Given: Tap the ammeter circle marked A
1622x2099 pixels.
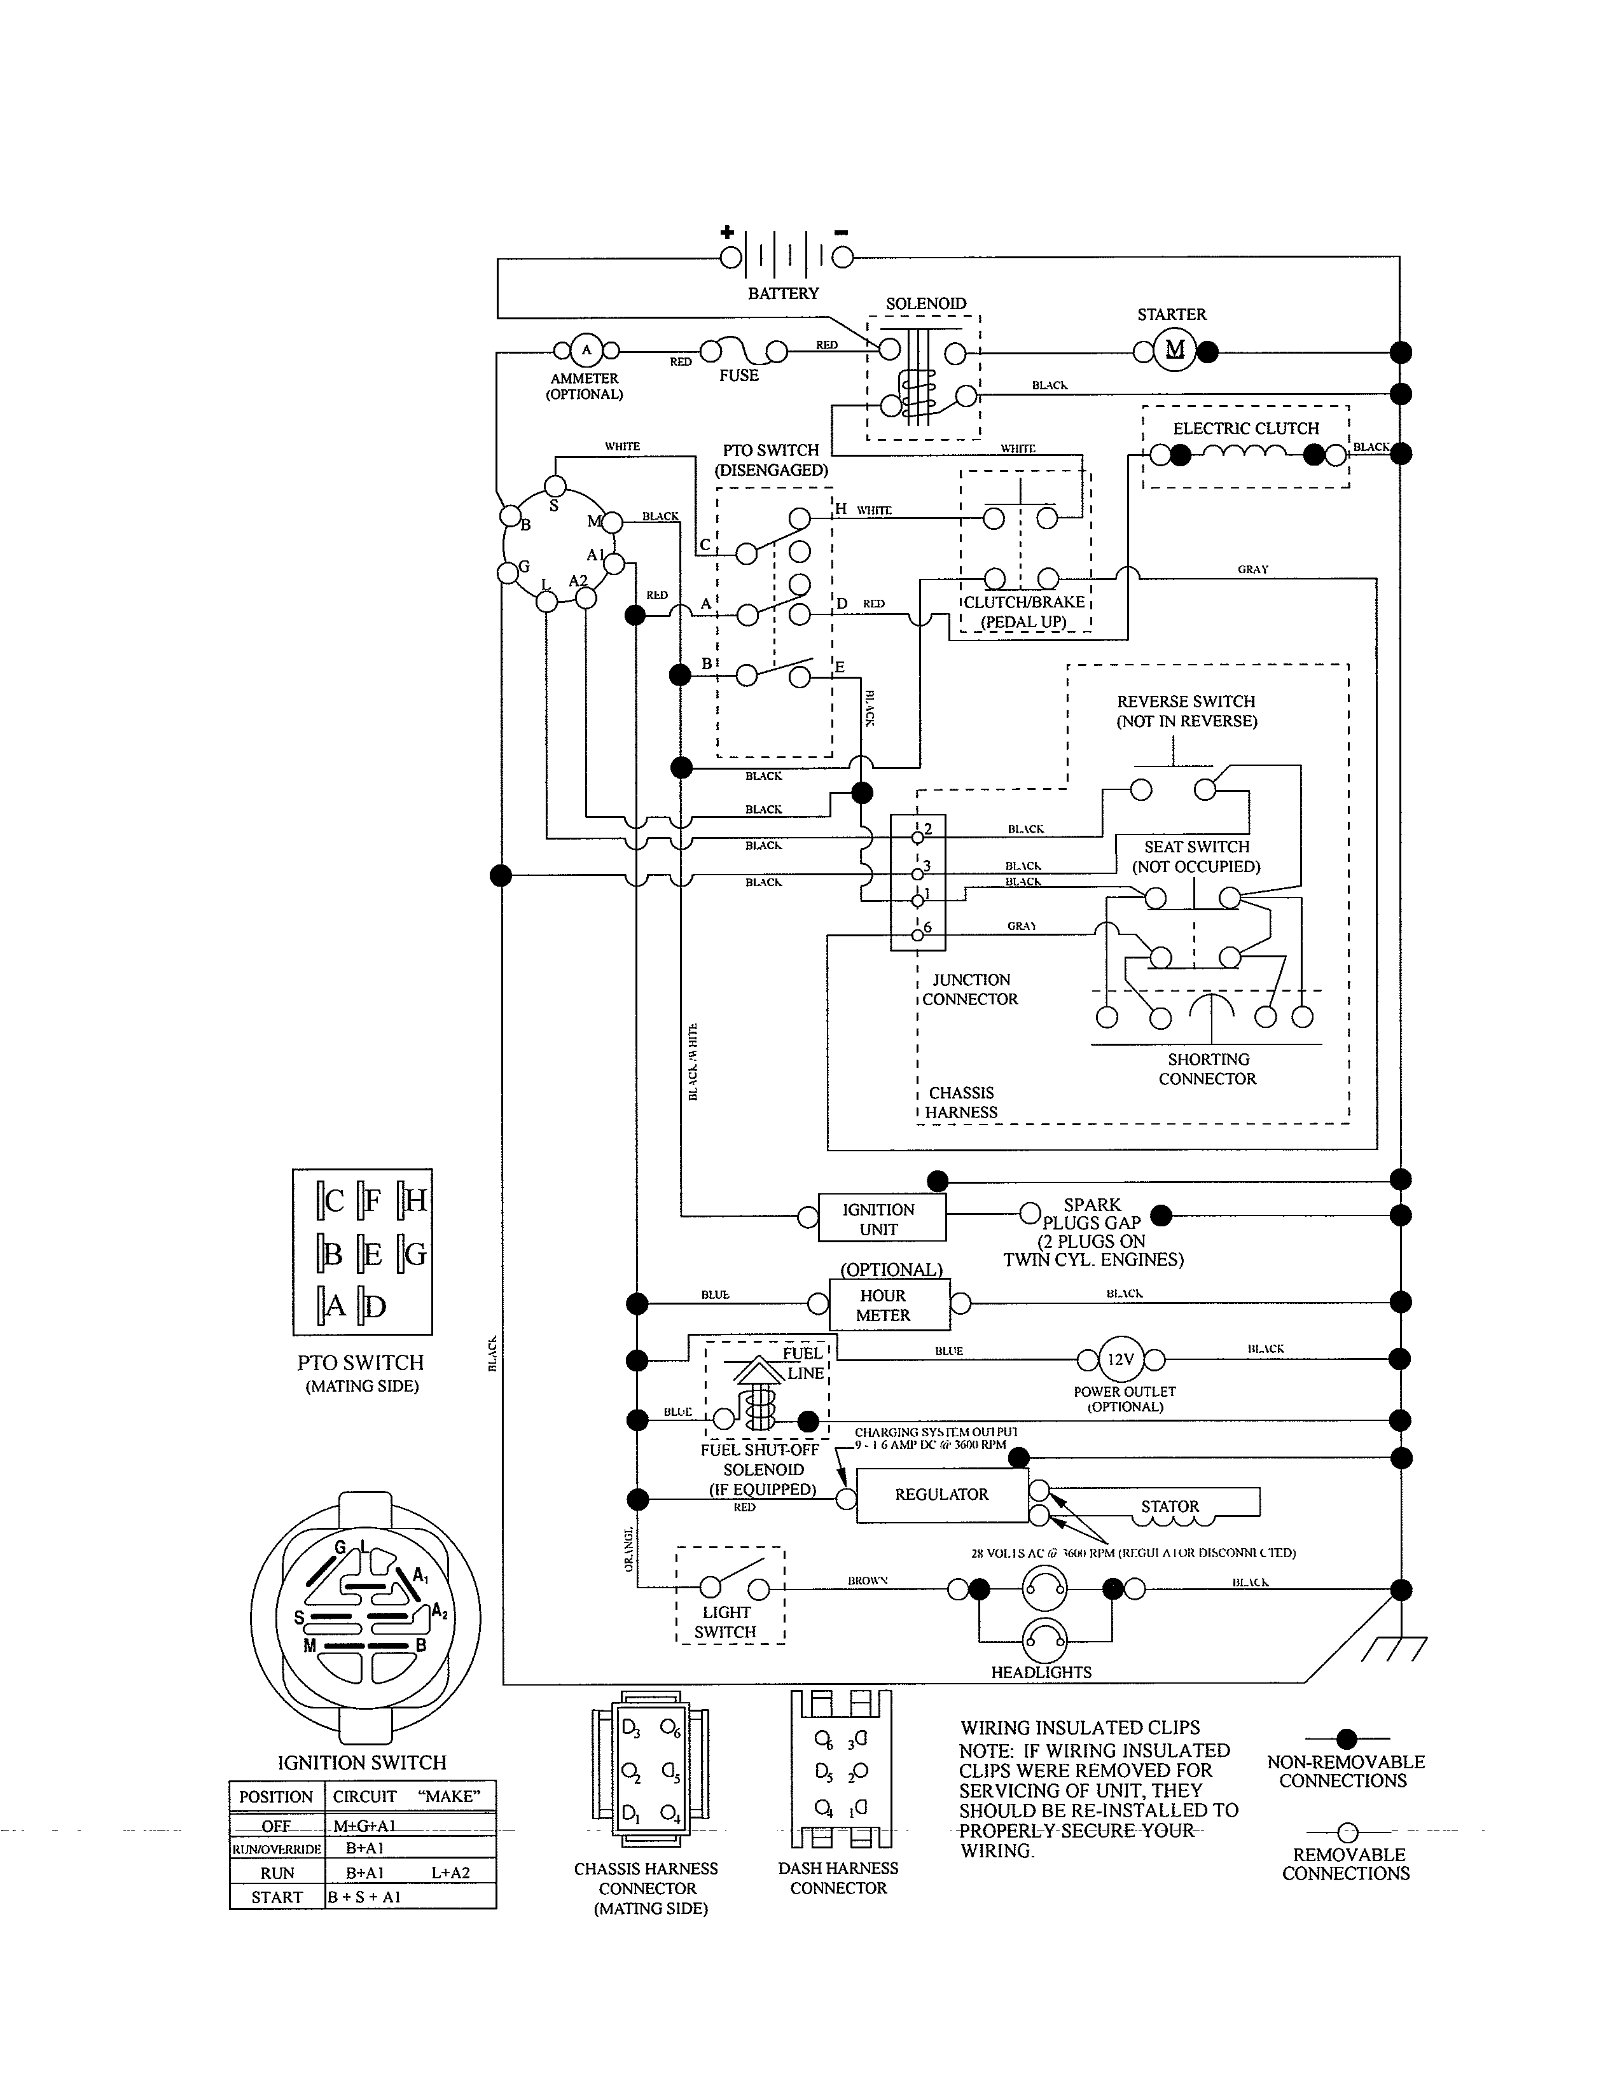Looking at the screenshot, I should [585, 351].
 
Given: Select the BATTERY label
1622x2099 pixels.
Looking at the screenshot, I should [783, 293].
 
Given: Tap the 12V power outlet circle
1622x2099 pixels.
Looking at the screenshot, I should [1120, 1359].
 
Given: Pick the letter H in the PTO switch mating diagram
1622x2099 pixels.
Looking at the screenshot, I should [416, 1200].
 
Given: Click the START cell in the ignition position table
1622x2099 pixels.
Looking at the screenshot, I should [277, 1896].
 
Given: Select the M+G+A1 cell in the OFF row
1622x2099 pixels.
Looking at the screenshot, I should [365, 1825].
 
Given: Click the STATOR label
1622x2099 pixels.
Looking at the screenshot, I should [1169, 1506].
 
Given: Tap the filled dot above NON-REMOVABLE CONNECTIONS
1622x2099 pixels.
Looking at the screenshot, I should [1346, 1738].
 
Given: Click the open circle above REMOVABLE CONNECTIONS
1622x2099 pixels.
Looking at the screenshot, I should [1347, 1832].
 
